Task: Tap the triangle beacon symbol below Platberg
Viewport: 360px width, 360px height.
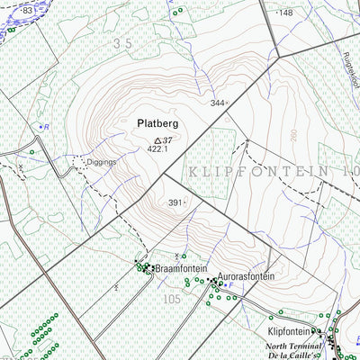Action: [x=158, y=140]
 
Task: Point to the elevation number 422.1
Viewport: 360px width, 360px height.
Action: [x=158, y=150]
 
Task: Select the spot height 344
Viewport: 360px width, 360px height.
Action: [x=217, y=103]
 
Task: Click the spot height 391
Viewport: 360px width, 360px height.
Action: [x=175, y=203]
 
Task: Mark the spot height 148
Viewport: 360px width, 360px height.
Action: [x=285, y=13]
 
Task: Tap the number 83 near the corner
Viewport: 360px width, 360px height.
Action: [x=27, y=10]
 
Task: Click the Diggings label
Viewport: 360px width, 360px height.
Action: [x=102, y=163]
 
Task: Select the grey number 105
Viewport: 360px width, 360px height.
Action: [x=171, y=298]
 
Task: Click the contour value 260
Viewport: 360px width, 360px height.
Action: [x=292, y=136]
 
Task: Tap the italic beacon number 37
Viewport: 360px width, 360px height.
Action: [x=168, y=139]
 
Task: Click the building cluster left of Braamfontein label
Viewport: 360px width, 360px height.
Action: [x=143, y=266]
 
